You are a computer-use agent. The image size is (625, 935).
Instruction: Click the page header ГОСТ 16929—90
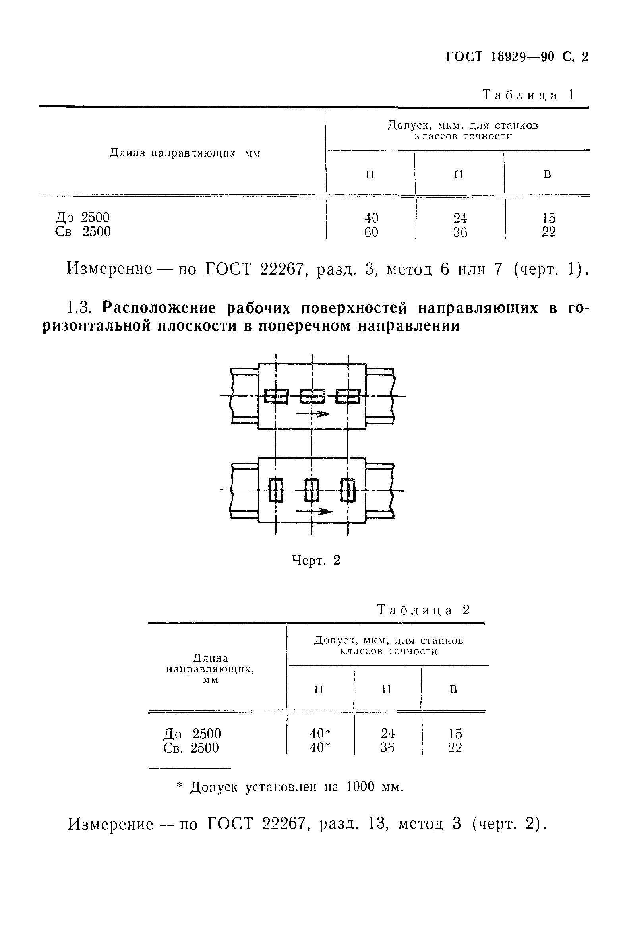[x=500, y=57]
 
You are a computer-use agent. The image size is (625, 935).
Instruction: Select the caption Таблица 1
[x=528, y=95]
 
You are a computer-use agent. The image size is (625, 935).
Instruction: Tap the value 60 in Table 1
[x=371, y=232]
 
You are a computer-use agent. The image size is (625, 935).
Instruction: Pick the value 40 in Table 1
[x=371, y=218]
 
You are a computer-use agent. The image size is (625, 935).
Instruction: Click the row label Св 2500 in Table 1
[x=83, y=232]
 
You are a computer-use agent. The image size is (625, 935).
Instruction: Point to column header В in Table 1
[x=548, y=174]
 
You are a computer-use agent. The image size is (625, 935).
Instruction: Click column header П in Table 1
[x=459, y=174]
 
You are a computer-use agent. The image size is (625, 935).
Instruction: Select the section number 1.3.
[x=81, y=308]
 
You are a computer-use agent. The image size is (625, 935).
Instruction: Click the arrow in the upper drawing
[x=313, y=414]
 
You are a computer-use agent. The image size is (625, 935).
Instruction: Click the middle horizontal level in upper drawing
[x=312, y=396]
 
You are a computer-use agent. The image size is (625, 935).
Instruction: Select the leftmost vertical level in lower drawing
[x=276, y=490]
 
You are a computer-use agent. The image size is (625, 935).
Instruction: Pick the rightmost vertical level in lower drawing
[x=348, y=490]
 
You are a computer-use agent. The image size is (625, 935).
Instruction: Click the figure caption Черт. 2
[x=316, y=560]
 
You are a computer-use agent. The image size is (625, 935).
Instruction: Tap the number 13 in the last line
[x=377, y=823]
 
